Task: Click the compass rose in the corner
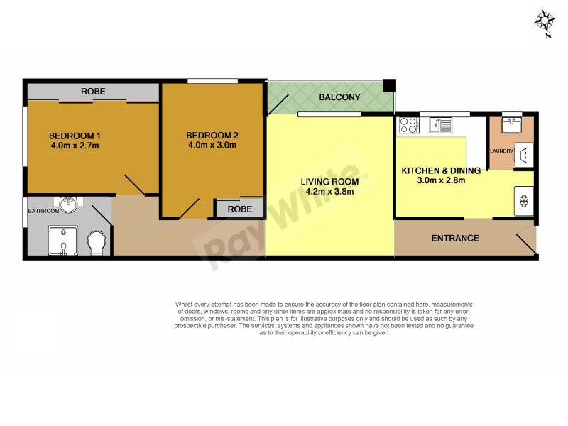(x=545, y=22)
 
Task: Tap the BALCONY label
(x=339, y=97)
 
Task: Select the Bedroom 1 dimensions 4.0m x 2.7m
(x=75, y=146)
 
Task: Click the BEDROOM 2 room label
(x=212, y=136)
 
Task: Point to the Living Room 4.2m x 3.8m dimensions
(x=328, y=191)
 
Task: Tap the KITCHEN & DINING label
(x=441, y=170)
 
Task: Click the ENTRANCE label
(x=455, y=238)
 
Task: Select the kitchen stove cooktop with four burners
(x=408, y=126)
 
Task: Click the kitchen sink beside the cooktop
(x=441, y=126)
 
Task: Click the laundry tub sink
(x=511, y=125)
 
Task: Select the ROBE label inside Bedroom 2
(x=239, y=209)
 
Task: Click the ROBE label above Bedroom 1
(x=92, y=92)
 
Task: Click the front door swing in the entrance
(x=526, y=244)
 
